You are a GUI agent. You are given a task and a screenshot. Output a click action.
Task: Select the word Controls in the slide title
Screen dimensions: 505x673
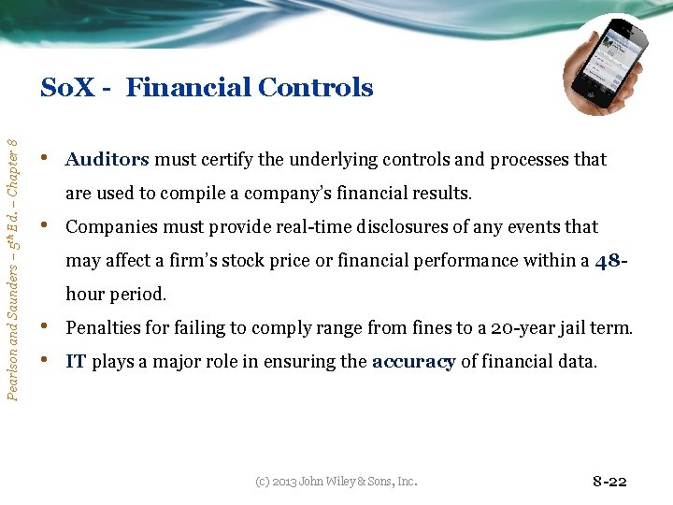click(315, 88)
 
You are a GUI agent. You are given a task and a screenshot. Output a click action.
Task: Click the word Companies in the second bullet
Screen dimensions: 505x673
click(111, 227)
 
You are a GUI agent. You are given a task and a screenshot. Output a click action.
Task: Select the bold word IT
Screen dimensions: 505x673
click(76, 363)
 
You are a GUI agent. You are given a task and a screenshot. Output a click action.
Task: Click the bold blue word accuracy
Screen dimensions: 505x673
click(412, 363)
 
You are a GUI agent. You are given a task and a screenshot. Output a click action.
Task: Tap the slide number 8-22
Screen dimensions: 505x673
click(609, 482)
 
